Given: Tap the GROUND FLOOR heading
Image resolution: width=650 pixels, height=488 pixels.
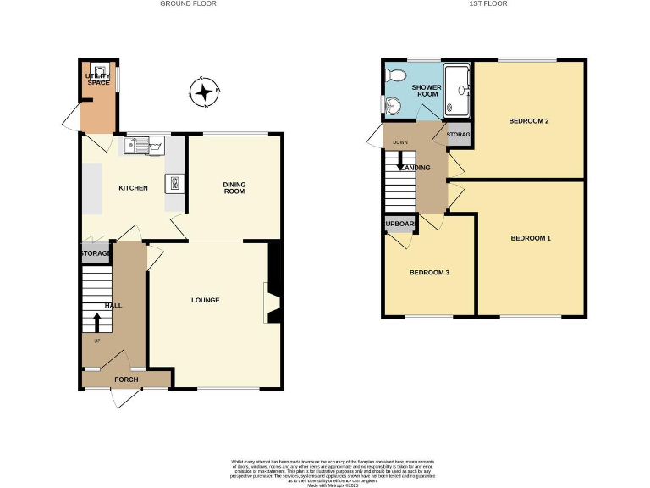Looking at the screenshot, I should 188,4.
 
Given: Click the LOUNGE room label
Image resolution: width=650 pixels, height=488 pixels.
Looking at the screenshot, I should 206,300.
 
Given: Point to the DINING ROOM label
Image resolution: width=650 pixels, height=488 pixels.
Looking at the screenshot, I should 234,187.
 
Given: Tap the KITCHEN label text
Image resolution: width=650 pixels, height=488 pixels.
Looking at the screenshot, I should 133,188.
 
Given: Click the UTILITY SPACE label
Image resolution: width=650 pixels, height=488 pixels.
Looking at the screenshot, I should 99,79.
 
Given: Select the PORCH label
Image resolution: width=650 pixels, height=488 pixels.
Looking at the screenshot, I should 126,380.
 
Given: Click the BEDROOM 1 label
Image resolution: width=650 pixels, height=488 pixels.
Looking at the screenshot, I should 531,238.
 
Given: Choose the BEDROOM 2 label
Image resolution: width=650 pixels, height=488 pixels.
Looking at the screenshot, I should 529,121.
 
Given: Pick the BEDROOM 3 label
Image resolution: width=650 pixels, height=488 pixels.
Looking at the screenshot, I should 429,273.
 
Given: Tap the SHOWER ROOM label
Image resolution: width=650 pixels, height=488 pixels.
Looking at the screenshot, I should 425,91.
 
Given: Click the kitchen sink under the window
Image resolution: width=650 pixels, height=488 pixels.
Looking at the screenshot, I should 146,146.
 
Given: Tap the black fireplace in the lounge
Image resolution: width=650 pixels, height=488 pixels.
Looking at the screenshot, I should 273,285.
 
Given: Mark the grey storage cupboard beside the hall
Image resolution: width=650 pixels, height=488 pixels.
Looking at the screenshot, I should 96,253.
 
